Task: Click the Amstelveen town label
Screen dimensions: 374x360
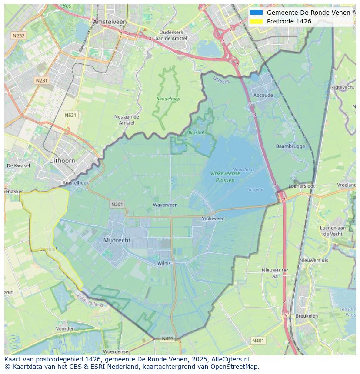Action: pyautogui.click(x=110, y=22)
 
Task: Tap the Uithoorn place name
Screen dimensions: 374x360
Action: pyautogui.click(x=62, y=161)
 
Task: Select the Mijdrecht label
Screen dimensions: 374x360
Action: pyautogui.click(x=117, y=240)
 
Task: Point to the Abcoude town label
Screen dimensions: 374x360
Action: pyautogui.click(x=263, y=96)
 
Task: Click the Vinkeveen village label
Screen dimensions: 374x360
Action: pyautogui.click(x=213, y=219)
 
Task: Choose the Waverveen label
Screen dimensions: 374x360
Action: pyautogui.click(x=165, y=205)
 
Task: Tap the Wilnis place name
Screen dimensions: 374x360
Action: pyautogui.click(x=164, y=263)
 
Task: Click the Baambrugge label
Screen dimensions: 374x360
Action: pyautogui.click(x=290, y=146)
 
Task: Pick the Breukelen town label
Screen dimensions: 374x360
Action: pyautogui.click(x=307, y=316)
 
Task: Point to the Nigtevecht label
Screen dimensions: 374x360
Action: pyautogui.click(x=343, y=87)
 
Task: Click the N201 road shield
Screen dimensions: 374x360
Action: pyautogui.click(x=117, y=204)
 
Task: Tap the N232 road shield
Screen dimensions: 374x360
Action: pyautogui.click(x=18, y=36)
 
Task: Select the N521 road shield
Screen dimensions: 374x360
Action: pyautogui.click(x=70, y=115)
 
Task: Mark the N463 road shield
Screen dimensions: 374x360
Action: pyautogui.click(x=168, y=338)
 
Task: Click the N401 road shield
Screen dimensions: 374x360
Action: pyautogui.click(x=258, y=341)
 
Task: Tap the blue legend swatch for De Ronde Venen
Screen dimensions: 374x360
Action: pyautogui.click(x=257, y=13)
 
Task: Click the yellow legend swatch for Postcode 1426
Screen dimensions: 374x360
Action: pyautogui.click(x=257, y=21)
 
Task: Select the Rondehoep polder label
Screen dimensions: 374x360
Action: pyautogui.click(x=168, y=99)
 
